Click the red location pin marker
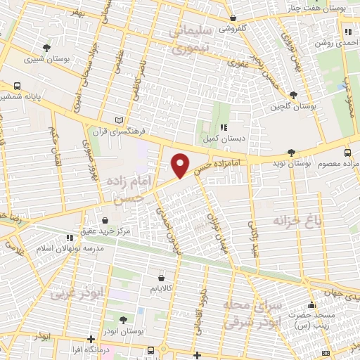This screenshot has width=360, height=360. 181,165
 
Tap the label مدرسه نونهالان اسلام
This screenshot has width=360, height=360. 65,249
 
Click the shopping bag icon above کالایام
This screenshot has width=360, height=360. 162,278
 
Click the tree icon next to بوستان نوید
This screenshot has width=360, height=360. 291,153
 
